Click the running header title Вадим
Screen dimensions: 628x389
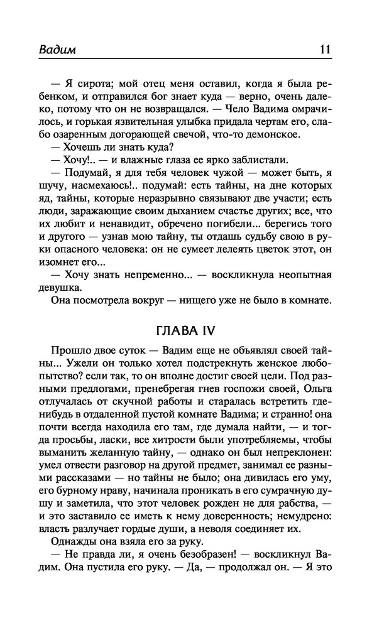[72, 50]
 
